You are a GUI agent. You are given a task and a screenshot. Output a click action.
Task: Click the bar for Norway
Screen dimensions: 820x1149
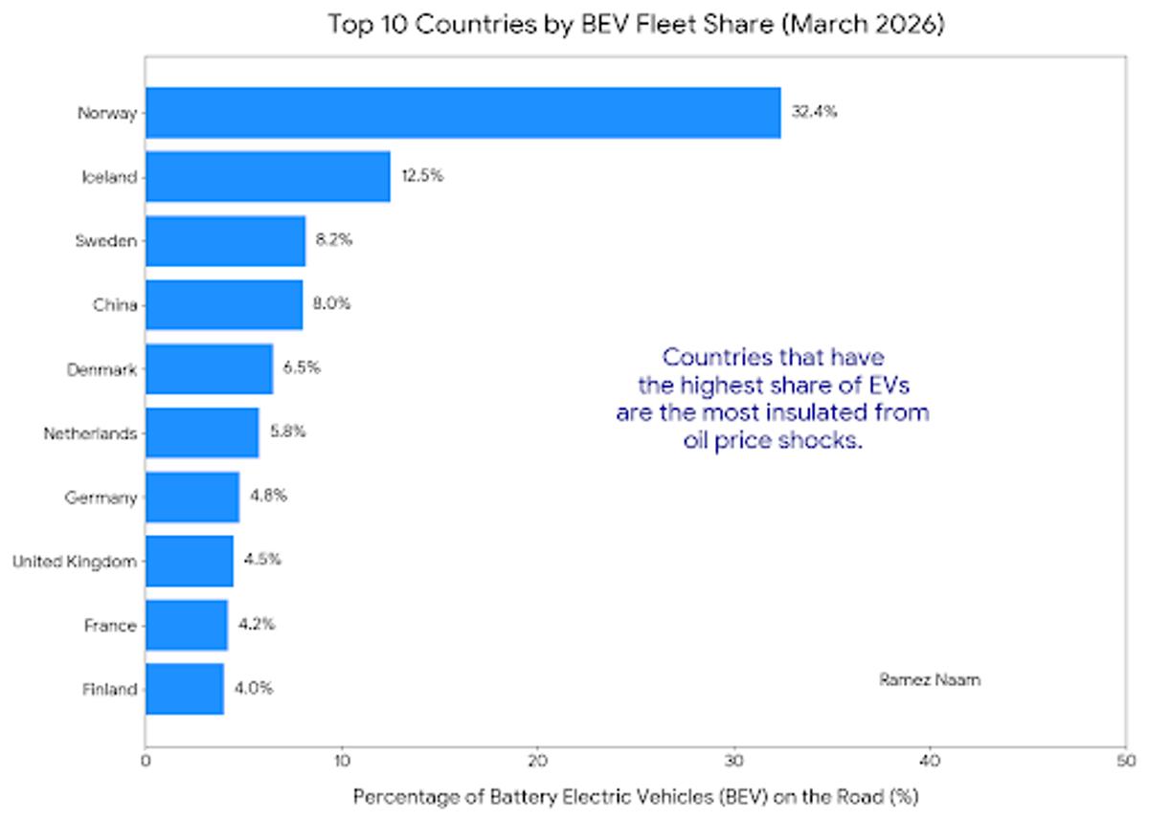coord(462,113)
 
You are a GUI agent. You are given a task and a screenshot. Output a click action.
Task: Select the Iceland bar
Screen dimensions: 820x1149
coord(268,177)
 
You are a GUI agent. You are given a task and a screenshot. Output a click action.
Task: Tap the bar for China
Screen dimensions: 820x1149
coord(224,305)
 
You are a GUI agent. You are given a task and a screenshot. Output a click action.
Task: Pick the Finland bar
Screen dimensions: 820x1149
coord(185,689)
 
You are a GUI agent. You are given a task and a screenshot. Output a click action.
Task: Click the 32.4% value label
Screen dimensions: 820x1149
coord(814,112)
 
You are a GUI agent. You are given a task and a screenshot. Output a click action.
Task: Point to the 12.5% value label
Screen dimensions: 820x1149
coord(422,176)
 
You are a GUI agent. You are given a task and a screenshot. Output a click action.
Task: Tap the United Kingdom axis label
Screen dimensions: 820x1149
coord(74,562)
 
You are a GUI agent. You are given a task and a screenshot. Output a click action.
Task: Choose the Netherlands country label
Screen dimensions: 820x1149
coord(90,433)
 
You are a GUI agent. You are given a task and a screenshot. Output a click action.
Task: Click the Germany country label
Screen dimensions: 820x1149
coord(101,498)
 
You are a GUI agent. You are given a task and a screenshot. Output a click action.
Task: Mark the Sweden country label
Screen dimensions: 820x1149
coord(106,241)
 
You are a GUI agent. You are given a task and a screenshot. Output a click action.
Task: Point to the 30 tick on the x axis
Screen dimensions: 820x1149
coord(733,762)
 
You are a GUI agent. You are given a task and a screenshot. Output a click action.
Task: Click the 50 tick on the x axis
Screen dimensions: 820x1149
coord(1125,762)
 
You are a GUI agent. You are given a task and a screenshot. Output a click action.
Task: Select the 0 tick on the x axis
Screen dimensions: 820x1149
coord(146,762)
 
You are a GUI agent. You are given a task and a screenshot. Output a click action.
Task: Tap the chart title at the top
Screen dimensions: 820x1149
coord(636,24)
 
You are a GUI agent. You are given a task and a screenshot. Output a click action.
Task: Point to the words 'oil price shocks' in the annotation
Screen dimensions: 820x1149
coord(773,442)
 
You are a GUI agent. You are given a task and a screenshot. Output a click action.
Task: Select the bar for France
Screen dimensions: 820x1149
coord(187,625)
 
